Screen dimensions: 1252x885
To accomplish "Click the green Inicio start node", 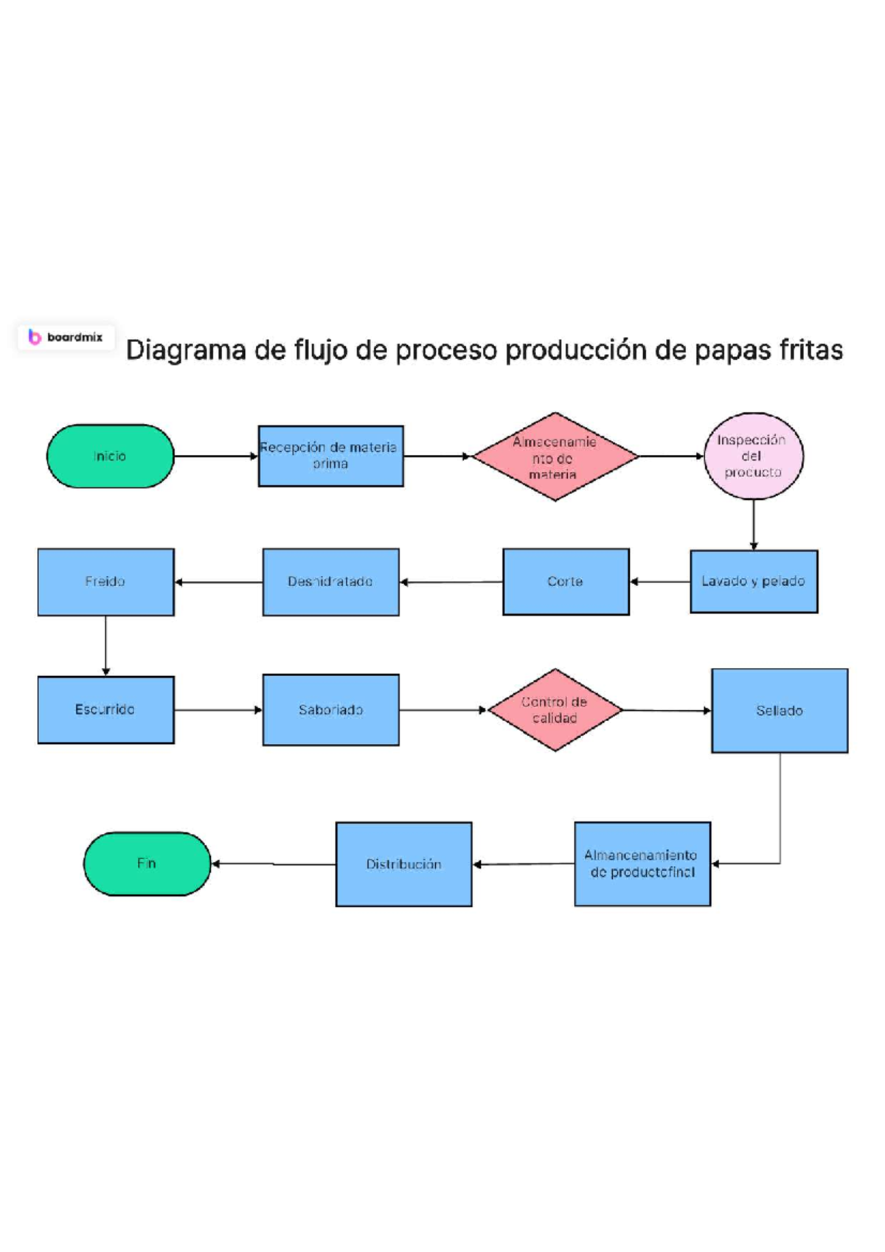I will click(110, 456).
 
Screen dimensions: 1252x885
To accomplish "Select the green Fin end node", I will click(147, 863).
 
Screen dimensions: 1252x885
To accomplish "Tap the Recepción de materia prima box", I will click(330, 456).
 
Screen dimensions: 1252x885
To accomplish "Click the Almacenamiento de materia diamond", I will click(555, 456).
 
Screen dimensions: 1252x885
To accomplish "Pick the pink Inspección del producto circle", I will click(753, 456).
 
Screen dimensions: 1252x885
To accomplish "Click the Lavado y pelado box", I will click(754, 581).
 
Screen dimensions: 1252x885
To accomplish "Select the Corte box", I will click(566, 581).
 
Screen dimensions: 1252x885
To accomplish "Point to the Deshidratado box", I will click(330, 582).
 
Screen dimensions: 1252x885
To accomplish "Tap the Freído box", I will click(105, 582).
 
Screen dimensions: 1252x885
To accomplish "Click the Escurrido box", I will click(105, 709).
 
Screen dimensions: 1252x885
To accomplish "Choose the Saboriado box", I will click(330, 709).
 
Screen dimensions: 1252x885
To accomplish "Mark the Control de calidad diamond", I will click(555, 709).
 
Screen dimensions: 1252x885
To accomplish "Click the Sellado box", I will click(780, 710).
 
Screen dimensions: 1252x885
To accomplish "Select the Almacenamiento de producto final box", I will click(642, 863).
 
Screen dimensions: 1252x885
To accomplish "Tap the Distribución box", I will click(403, 863).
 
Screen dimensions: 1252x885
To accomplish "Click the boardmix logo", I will click(66, 337).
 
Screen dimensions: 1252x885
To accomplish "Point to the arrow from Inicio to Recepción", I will click(215, 456).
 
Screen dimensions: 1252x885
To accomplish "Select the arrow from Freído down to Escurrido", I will click(105, 645).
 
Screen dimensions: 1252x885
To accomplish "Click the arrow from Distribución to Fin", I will click(273, 863).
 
